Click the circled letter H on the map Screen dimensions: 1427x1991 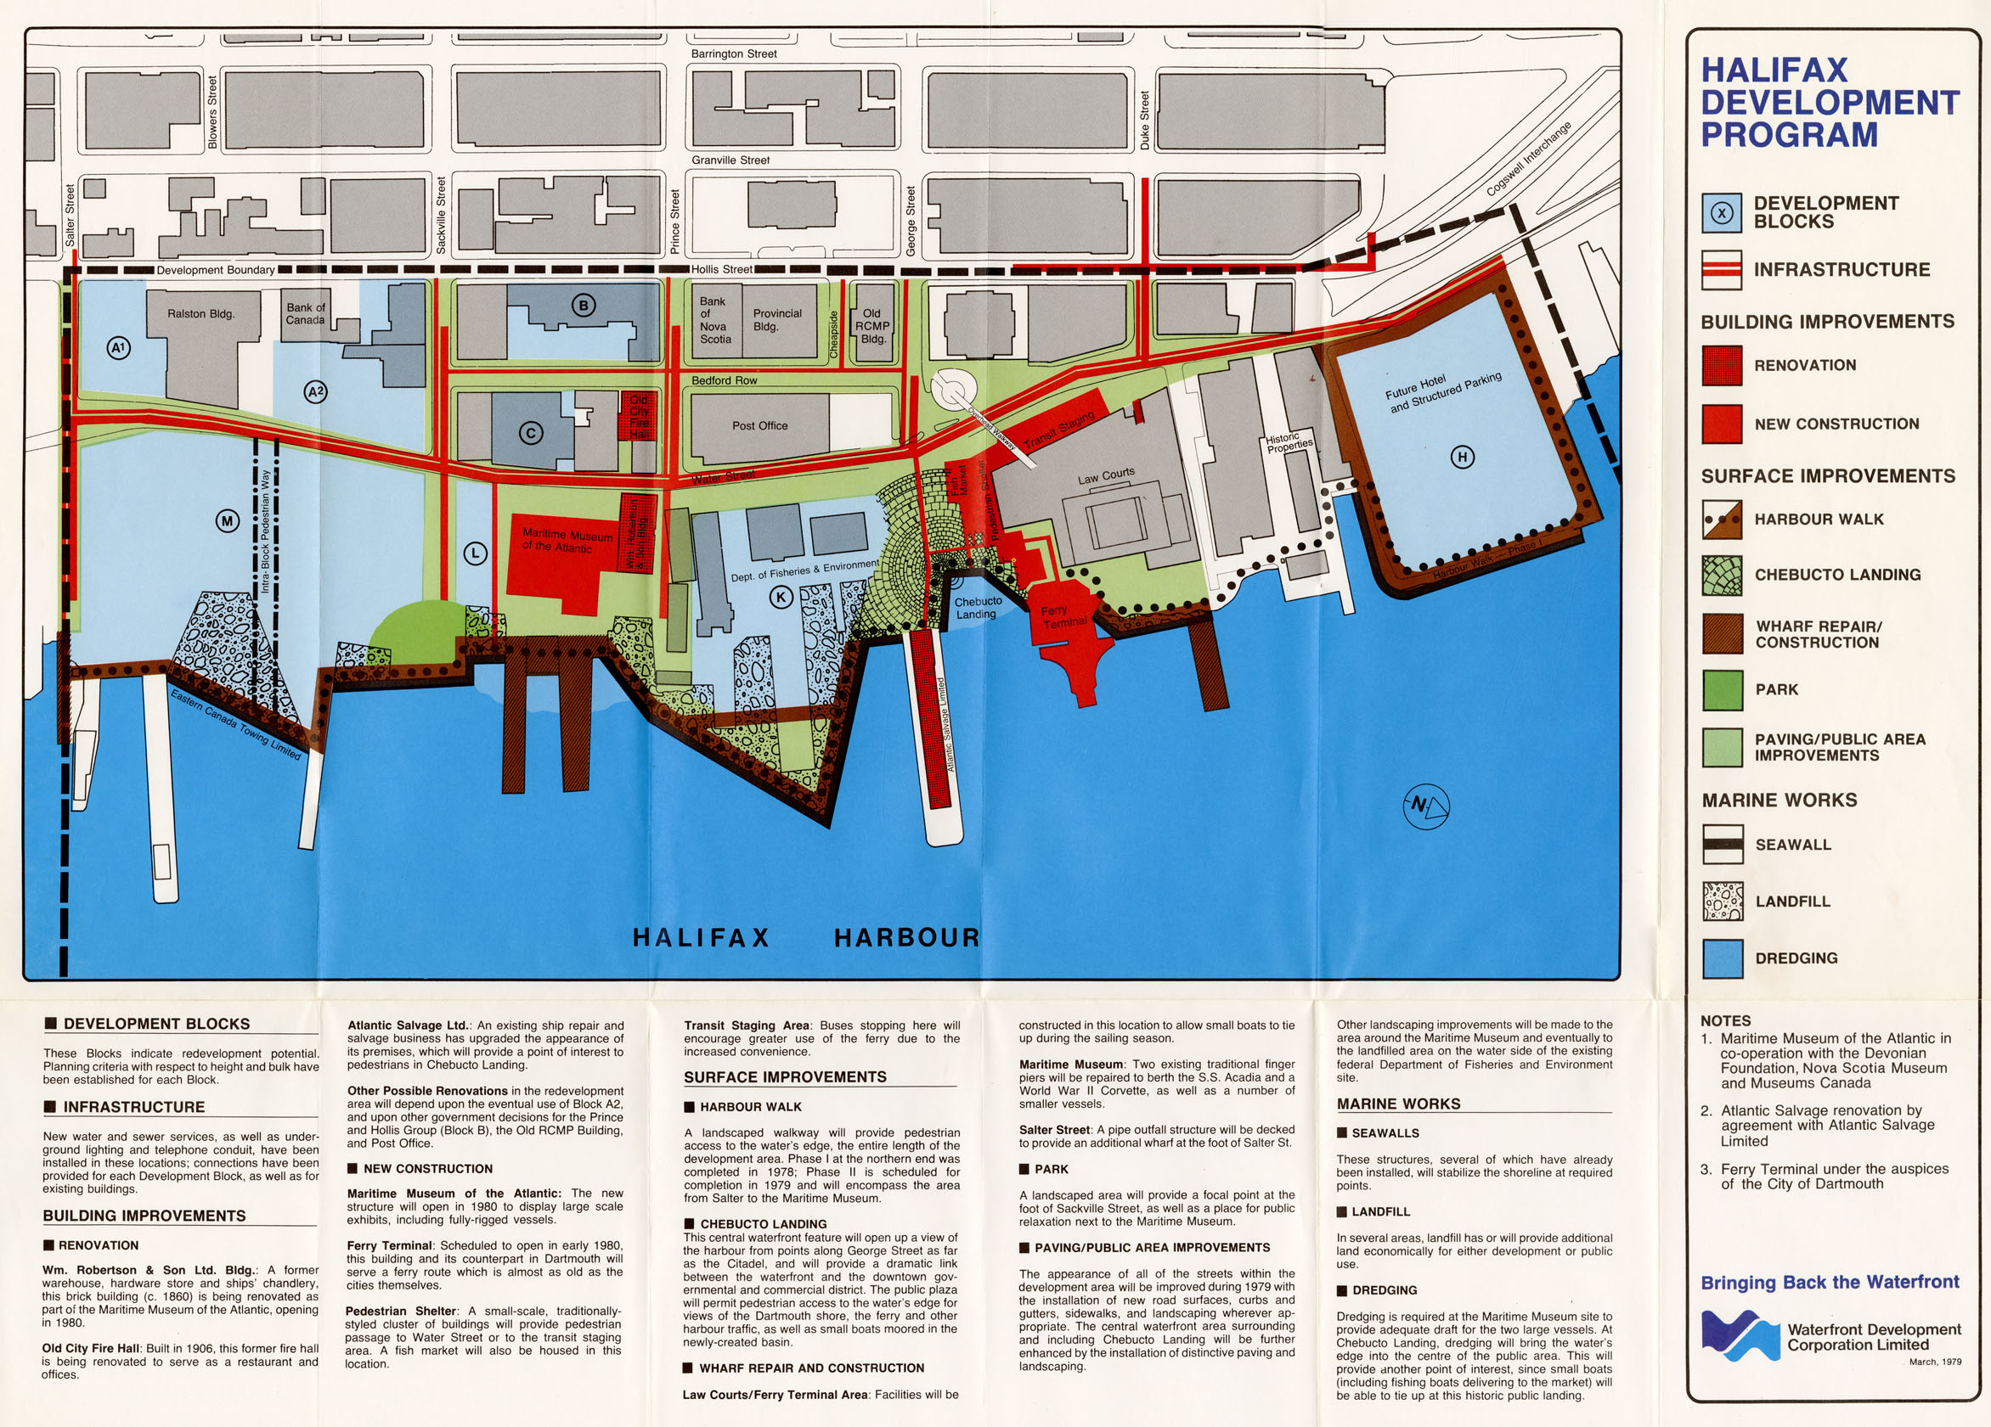(x=1462, y=457)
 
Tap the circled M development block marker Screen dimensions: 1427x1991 (x=228, y=521)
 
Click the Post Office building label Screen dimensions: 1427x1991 (x=759, y=425)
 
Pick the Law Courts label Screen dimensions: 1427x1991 (x=1106, y=476)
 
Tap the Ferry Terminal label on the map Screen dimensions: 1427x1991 (x=1064, y=616)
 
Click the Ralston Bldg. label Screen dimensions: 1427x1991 (x=201, y=313)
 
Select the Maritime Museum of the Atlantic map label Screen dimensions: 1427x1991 (x=567, y=541)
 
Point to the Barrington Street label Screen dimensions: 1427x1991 (x=733, y=53)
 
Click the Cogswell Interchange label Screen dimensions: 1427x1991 (x=1527, y=159)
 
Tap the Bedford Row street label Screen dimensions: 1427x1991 (x=724, y=380)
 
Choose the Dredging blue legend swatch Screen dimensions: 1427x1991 (x=1722, y=958)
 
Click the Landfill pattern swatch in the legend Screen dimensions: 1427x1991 (x=1722, y=902)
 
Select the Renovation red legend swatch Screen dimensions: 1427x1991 (x=1722, y=365)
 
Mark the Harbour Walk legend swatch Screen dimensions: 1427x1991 (x=1722, y=520)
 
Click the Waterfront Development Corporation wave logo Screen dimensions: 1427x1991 (x=1740, y=1334)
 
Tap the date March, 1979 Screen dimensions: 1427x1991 (x=1934, y=1362)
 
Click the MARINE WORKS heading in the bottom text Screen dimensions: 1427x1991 (x=1398, y=1104)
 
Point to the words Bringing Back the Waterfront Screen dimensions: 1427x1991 (x=1830, y=1282)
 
